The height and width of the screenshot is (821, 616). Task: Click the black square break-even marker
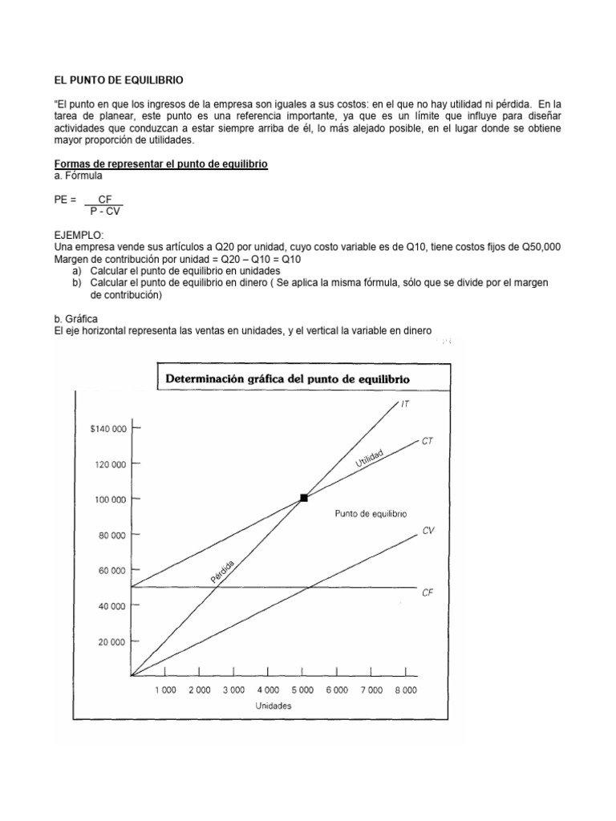[303, 498]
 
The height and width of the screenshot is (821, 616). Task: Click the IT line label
[406, 405]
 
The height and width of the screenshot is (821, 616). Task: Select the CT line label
[427, 441]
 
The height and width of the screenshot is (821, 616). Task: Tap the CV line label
[428, 531]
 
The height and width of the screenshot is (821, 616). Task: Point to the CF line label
[428, 593]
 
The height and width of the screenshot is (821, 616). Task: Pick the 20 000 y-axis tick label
[111, 641]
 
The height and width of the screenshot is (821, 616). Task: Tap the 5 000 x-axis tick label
[302, 690]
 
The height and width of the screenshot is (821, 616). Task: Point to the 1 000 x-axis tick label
[164, 690]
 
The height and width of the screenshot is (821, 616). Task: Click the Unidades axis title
[274, 706]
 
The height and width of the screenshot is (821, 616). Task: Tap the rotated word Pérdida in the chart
[222, 572]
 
